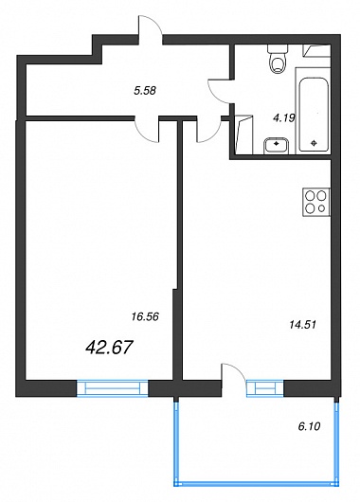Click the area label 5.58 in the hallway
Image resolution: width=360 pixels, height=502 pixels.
click(x=145, y=91)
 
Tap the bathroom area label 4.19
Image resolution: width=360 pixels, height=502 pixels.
click(x=284, y=118)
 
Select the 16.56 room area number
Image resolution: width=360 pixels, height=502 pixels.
click(x=145, y=317)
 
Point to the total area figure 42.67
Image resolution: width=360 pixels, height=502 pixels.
click(x=109, y=348)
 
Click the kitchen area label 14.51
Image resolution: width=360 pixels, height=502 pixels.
click(x=302, y=325)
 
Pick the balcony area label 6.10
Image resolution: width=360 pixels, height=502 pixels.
click(x=309, y=426)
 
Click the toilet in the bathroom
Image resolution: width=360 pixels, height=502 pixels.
click(x=278, y=59)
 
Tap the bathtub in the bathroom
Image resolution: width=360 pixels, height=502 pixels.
click(x=314, y=115)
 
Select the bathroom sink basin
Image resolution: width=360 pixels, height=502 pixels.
click(x=277, y=146)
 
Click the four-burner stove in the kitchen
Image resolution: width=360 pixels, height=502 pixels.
click(x=316, y=202)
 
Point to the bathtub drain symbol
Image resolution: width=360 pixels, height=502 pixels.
click(x=315, y=143)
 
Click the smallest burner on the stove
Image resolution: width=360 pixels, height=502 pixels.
click(x=322, y=208)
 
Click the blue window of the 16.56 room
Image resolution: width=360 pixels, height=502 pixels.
click(x=113, y=388)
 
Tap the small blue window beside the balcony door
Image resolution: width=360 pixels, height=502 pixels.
click(x=265, y=388)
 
